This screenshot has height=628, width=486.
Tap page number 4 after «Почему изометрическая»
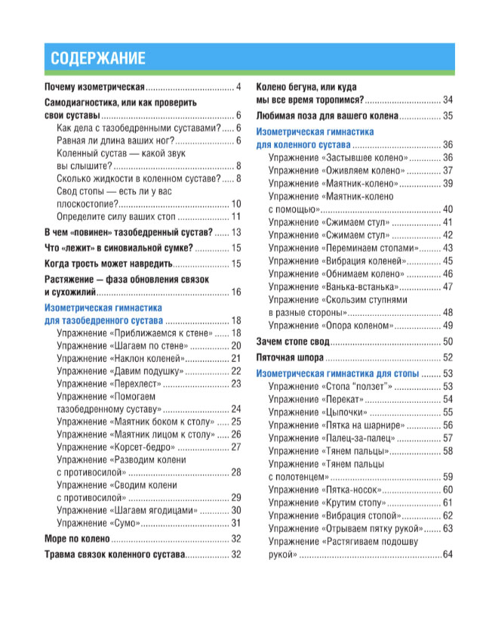pos(238,88)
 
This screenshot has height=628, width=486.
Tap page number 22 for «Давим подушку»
pos(235,370)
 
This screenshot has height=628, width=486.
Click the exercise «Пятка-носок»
pos(325,490)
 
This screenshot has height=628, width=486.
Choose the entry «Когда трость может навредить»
pos(109,263)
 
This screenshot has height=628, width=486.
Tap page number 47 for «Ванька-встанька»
pos(448,286)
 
